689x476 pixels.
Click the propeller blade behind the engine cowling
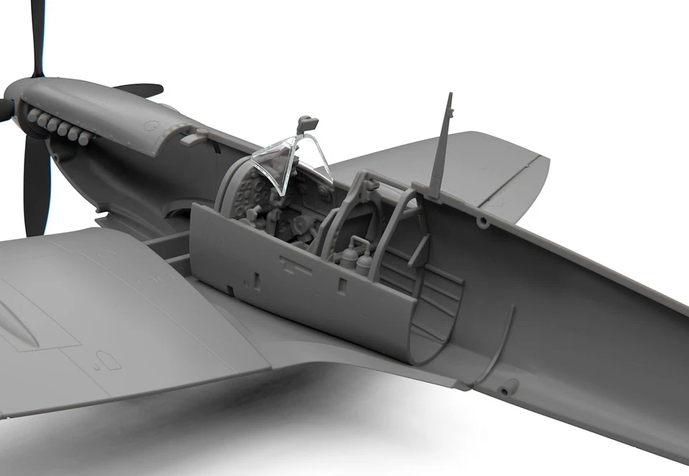pos(140,90)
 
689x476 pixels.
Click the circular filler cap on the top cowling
pos(151,125)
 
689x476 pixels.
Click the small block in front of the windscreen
pos(191,135)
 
